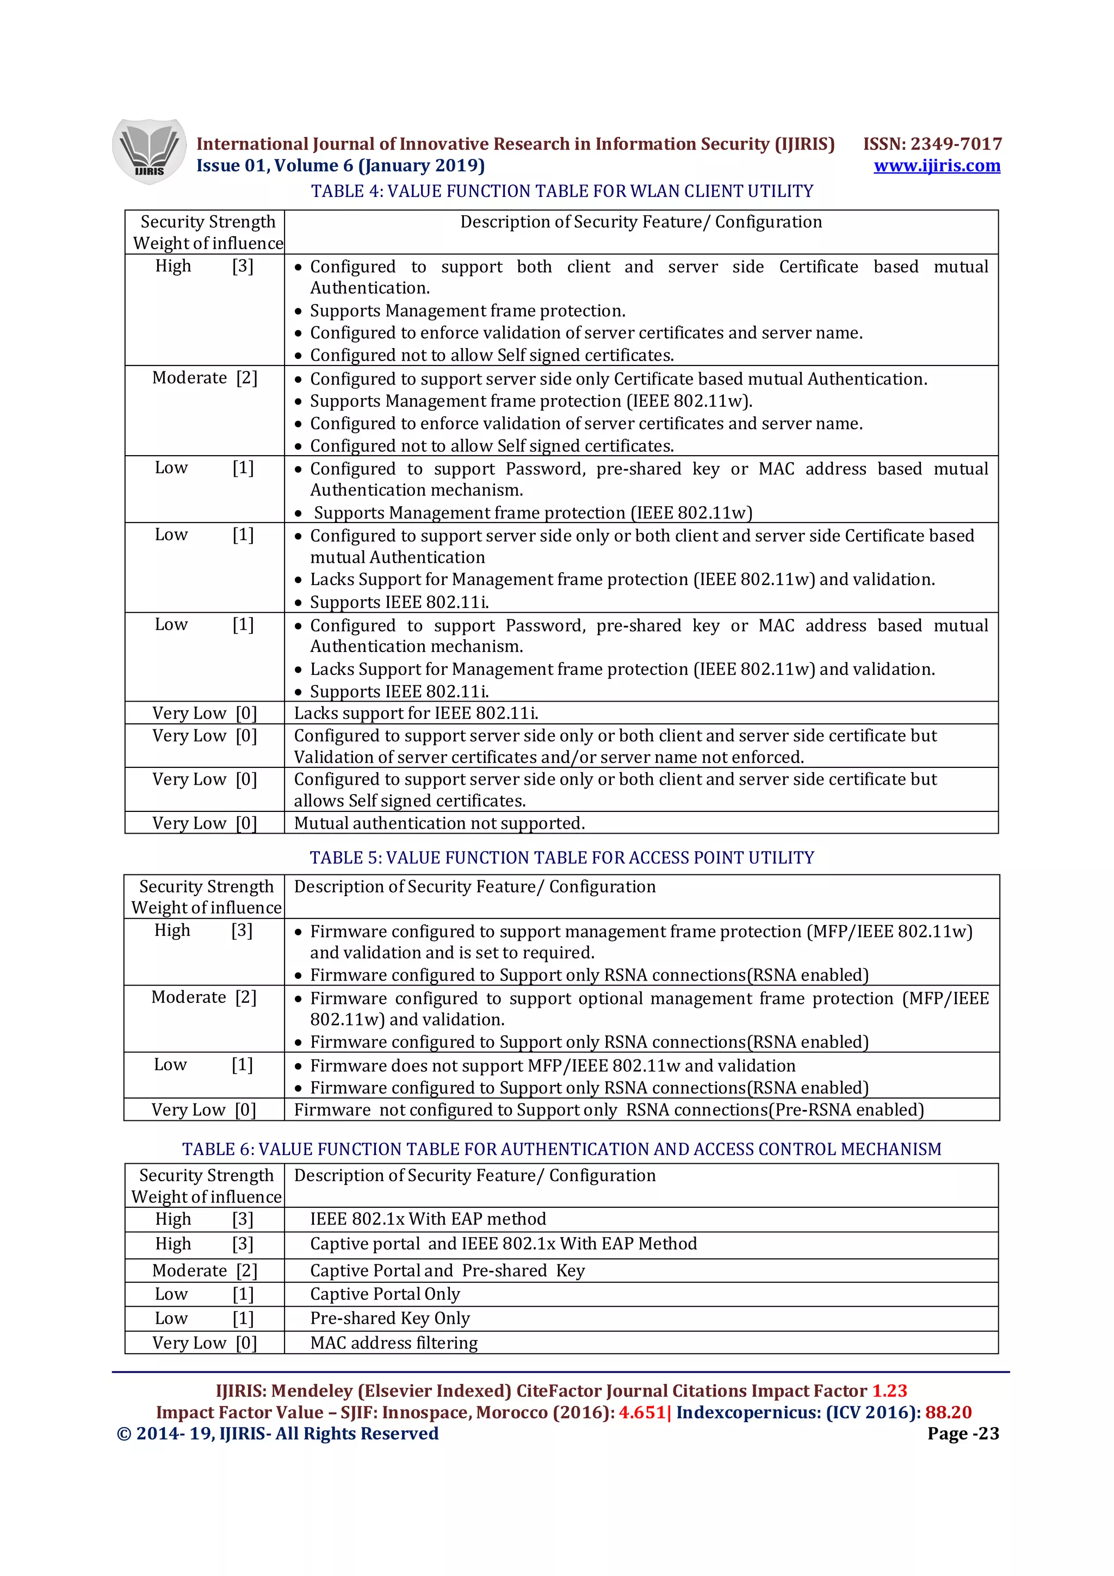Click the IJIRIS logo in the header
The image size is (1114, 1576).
pos(149,151)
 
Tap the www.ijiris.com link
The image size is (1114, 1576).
pos(936,165)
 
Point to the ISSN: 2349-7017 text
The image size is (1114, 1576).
pos(932,144)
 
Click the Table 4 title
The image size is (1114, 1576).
pos(561,191)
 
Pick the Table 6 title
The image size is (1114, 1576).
pos(561,1149)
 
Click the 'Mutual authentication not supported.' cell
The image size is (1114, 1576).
pos(440,823)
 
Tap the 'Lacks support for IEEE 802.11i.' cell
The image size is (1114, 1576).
pos(416,713)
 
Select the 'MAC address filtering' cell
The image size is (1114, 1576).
pos(394,1343)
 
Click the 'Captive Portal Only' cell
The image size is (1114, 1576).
pos(385,1294)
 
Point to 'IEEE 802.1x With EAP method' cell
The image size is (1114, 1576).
pos(428,1219)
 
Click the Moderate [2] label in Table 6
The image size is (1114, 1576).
pos(205,1270)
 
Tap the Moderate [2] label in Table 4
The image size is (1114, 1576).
pos(205,377)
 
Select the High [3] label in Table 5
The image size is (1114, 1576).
pos(203,931)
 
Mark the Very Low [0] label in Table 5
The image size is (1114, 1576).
pos(203,1110)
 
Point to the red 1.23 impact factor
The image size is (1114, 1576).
pos(889,1391)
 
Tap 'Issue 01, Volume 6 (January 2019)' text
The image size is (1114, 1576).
pos(341,165)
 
